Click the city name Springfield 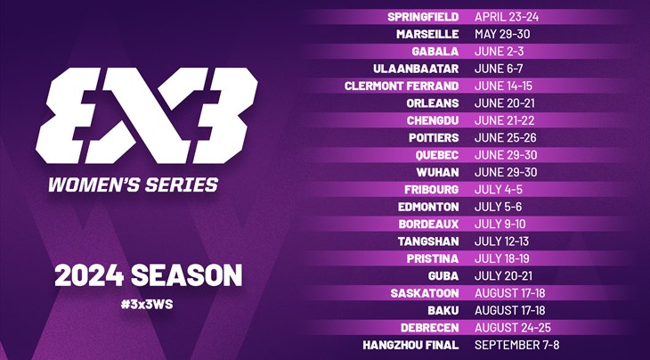(423, 17)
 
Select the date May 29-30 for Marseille (502, 34)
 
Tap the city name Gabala (435, 52)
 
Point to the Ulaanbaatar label (416, 69)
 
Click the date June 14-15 (503, 86)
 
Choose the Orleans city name (433, 103)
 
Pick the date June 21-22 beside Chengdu (505, 120)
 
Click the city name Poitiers (434, 138)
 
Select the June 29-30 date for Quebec (506, 155)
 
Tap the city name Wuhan (437, 172)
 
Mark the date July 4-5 (499, 190)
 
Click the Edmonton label (428, 207)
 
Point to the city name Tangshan (428, 241)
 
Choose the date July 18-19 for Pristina (502, 258)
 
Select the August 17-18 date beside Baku (510, 310)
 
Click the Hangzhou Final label (410, 345)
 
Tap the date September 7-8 (517, 345)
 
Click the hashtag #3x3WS (147, 305)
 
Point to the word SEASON (186, 275)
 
